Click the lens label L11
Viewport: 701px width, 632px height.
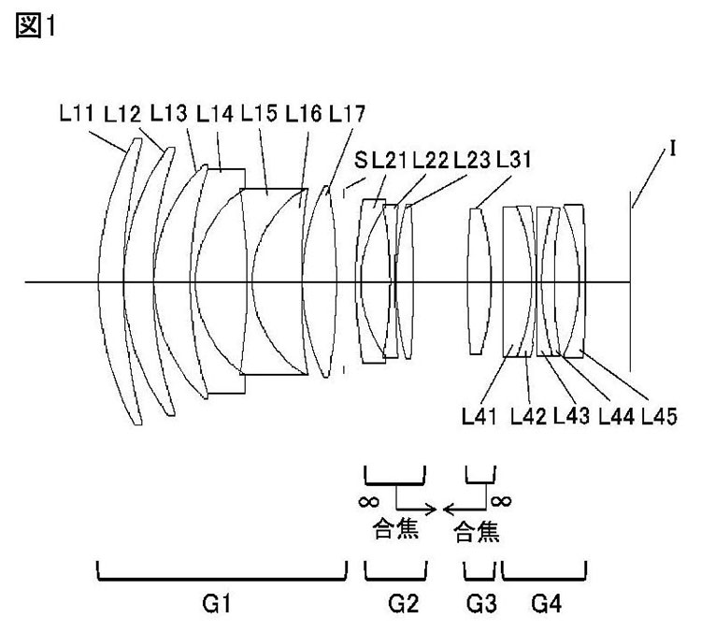[x=77, y=113]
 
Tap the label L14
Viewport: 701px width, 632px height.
[x=215, y=113]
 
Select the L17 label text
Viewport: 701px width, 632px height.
[x=347, y=113]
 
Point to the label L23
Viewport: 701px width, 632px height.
[x=472, y=160]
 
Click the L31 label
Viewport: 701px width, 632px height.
[x=514, y=160]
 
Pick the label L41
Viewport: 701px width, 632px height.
[x=479, y=416]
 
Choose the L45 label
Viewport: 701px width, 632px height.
[x=660, y=416]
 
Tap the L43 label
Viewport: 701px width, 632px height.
[x=571, y=416]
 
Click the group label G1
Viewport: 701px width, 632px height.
[x=217, y=604]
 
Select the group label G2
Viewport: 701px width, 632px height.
[x=403, y=604]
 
